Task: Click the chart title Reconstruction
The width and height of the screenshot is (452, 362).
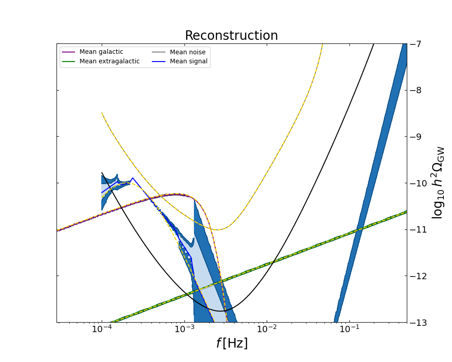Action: point(231,36)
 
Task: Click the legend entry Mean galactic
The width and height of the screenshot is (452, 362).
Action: point(101,52)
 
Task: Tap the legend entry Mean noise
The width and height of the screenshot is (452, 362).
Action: point(188,52)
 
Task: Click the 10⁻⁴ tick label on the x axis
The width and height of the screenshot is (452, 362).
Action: point(102,330)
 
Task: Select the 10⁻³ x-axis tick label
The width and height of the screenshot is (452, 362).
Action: point(184,330)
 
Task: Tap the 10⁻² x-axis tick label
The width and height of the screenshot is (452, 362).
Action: point(267,330)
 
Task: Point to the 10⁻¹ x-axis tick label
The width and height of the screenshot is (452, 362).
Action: point(349,330)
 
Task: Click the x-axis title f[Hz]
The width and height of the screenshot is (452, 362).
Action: point(231,343)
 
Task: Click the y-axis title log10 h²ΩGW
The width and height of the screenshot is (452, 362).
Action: point(438,183)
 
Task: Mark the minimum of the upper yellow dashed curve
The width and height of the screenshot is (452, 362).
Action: point(219,230)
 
